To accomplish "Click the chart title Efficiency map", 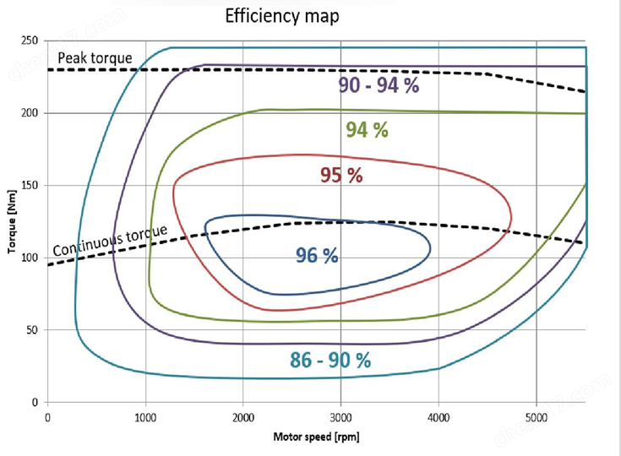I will pos(282,16).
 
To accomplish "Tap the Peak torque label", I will pos(95,58).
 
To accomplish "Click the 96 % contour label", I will pos(317,254).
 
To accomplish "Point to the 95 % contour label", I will pos(341,176).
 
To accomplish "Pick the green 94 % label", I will pos(367,130).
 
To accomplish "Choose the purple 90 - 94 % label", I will pos(379,84).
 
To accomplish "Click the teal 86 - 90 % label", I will pos(330,360).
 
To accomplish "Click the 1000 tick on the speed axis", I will pos(145,416).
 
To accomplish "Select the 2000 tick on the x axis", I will pos(243,416).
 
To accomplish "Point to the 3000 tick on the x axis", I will pos(340,416).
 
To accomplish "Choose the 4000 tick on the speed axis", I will pos(439,416).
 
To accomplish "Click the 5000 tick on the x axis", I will pos(536,416).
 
